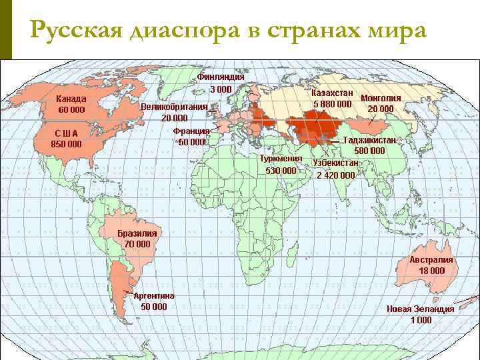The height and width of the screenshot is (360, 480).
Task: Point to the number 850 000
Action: tap(66, 143)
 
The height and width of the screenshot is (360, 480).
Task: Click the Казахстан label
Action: tap(333, 94)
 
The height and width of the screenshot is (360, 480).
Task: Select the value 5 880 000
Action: tap(333, 104)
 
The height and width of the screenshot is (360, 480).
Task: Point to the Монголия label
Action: tap(381, 98)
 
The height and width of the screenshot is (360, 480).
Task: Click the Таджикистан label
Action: tap(370, 141)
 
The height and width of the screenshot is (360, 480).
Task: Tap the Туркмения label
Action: tap(281, 159)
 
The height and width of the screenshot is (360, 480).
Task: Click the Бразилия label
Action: tap(137, 233)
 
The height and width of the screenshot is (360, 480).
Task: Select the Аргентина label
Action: tap(154, 296)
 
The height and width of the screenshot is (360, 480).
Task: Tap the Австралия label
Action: tap(431, 260)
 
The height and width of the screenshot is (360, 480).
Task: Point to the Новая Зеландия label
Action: tap(421, 309)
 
